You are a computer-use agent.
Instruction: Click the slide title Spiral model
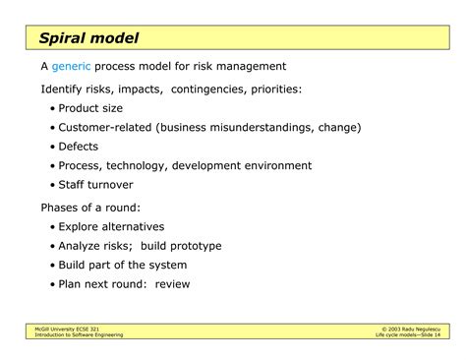click(x=88, y=38)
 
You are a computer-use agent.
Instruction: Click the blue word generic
click(x=74, y=67)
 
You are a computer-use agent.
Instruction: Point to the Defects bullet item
click(x=78, y=147)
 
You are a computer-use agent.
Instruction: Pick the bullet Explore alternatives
click(x=111, y=226)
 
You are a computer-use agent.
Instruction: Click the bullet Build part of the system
click(x=122, y=265)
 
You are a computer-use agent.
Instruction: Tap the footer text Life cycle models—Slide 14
click(x=406, y=335)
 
